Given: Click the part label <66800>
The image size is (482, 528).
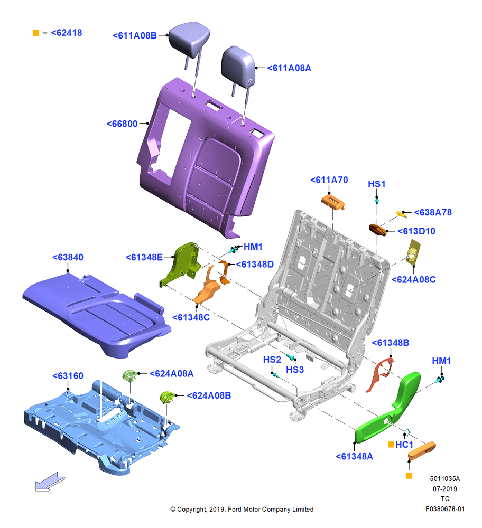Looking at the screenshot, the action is point(122,124).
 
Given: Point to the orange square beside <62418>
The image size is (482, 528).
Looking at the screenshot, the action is point(36,33).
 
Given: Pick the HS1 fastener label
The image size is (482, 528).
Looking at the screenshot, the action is point(376,184).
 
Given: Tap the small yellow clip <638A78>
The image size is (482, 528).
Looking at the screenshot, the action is point(401,214).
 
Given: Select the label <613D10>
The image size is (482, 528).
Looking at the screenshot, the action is point(416,231).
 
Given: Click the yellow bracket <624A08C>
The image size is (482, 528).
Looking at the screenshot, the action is point(414,251).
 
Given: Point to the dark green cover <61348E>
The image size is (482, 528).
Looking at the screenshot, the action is point(180,265).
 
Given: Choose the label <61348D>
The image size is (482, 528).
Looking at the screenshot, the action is point(255,265).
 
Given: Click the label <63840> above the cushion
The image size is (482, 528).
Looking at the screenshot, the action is point(68,257).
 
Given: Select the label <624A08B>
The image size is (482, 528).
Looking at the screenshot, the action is point(209,395).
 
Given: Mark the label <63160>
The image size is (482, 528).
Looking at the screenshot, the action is point(68,376).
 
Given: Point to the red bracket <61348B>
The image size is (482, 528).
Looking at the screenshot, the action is point(380,375).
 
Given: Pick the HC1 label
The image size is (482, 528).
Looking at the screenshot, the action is point(404,445).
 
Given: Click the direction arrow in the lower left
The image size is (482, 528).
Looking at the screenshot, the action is point(51,481).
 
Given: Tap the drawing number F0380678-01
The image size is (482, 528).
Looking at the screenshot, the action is point(444,509).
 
